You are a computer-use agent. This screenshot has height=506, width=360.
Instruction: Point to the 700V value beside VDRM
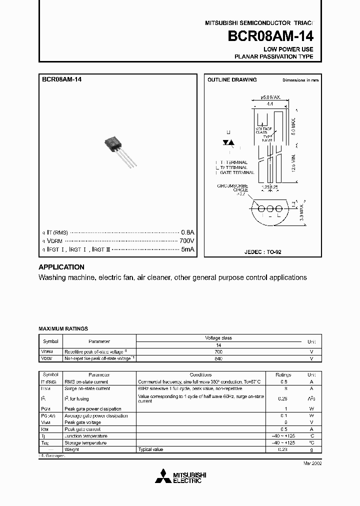click(186, 240)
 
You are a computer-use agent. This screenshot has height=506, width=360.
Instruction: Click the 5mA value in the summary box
click(187, 249)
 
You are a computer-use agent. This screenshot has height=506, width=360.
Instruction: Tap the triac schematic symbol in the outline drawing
click(229, 143)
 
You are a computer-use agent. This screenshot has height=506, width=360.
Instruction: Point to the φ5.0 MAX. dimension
click(270, 98)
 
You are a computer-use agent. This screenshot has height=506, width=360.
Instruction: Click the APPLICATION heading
click(61, 267)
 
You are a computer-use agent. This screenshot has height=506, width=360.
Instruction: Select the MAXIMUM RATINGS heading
click(63, 328)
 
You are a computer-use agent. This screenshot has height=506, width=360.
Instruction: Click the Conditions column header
click(201, 374)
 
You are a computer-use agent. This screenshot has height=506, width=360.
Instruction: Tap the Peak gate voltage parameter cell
click(82, 422)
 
